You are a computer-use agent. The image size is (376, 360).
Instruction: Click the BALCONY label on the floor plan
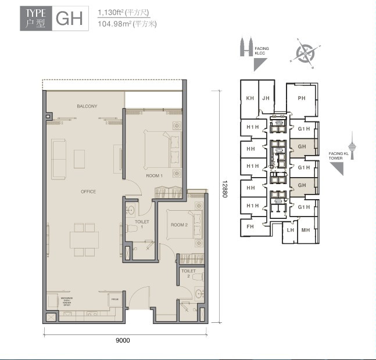pyautogui.click(x=87, y=107)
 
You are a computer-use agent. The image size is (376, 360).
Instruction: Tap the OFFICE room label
pyautogui.click(x=88, y=192)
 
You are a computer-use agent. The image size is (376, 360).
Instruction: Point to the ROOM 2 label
pyautogui.click(x=178, y=225)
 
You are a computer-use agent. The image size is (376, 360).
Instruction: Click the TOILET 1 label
pyautogui.click(x=142, y=224)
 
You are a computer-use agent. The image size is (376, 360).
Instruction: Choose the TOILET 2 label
pyautogui.click(x=188, y=273)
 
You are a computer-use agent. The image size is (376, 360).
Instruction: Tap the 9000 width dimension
pyautogui.click(x=122, y=341)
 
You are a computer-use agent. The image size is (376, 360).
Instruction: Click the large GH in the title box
pyautogui.click(x=69, y=19)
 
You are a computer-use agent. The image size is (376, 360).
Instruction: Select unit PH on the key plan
pyautogui.click(x=301, y=98)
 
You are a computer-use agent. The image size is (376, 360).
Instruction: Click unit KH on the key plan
pyautogui.click(x=250, y=98)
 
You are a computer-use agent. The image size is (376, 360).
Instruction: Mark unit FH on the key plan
pyautogui.click(x=250, y=226)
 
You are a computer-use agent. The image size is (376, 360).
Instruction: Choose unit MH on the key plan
pyautogui.click(x=305, y=230)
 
